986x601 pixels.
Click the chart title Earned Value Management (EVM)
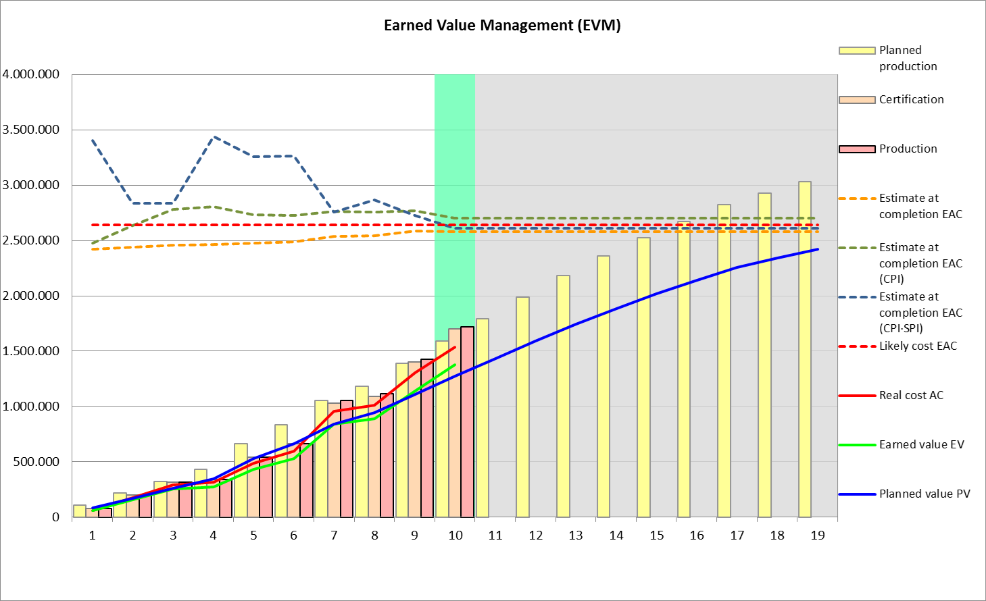[x=502, y=26]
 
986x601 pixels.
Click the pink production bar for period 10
[x=467, y=422]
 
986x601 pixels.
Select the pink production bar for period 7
[x=347, y=459]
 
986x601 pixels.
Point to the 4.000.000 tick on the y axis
[x=31, y=74]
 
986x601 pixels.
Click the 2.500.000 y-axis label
[x=31, y=240]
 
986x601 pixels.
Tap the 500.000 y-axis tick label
[x=36, y=462]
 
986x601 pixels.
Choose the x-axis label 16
[x=697, y=535]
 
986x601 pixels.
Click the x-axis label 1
[x=93, y=535]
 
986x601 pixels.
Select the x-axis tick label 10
[x=455, y=535]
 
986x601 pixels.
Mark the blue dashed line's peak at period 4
[x=214, y=137]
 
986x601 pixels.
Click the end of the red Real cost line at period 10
[x=455, y=347]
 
